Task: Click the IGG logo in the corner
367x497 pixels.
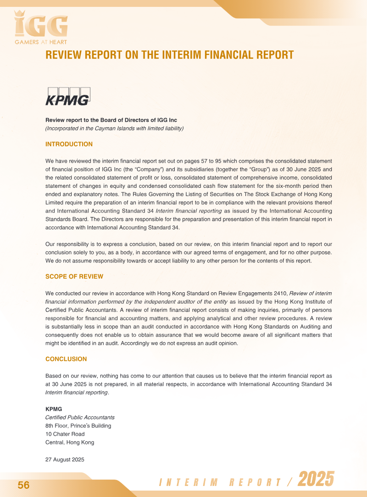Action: point(41,26)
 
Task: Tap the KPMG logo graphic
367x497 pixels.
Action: point(68,97)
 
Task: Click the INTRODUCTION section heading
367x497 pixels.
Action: point(69,144)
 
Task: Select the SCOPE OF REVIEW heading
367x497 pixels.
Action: point(74,277)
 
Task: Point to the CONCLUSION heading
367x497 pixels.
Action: point(66,359)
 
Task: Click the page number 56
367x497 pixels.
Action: point(23,486)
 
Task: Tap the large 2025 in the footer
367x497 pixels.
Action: point(316,480)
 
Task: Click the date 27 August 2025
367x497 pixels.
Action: point(65,459)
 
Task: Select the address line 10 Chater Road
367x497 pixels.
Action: point(65,434)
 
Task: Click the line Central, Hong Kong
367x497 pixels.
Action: point(70,442)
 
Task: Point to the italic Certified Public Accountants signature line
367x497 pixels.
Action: point(80,418)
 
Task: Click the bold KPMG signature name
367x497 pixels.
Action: point(54,409)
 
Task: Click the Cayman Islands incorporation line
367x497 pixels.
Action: point(114,129)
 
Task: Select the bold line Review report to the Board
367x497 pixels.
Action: point(111,120)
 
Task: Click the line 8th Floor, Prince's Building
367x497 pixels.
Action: point(78,426)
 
